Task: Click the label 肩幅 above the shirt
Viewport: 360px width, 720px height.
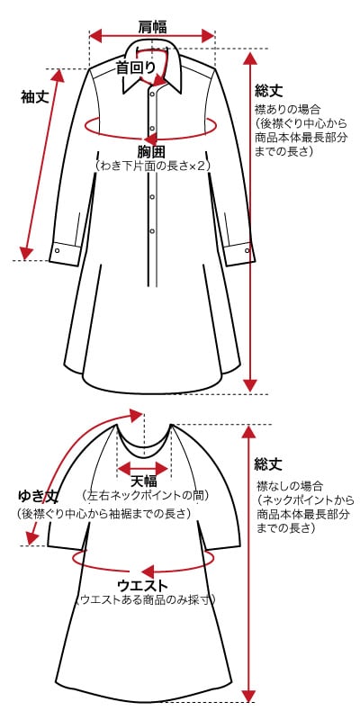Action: click(x=152, y=27)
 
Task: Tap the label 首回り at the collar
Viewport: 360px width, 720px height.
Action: click(x=136, y=67)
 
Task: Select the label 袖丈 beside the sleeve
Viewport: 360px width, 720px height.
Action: click(x=35, y=97)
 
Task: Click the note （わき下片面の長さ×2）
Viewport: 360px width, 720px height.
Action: click(x=152, y=166)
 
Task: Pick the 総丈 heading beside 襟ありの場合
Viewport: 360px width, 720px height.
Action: click(x=268, y=91)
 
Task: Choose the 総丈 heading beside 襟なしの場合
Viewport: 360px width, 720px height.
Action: click(x=268, y=464)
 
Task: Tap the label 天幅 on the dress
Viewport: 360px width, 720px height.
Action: click(x=144, y=481)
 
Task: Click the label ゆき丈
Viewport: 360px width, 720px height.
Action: click(x=39, y=497)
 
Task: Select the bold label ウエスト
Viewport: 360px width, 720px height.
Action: click(x=143, y=586)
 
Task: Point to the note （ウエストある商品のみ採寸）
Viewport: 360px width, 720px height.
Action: click(x=144, y=599)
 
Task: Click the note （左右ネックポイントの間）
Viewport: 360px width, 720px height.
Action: click(x=145, y=496)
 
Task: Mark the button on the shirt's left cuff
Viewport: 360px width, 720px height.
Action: click(x=58, y=251)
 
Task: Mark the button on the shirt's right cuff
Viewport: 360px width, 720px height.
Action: click(x=247, y=250)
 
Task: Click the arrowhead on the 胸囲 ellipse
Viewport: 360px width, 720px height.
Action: click(x=150, y=139)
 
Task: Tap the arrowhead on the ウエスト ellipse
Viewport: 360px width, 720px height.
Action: click(x=148, y=571)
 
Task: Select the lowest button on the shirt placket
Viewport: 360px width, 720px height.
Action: click(x=152, y=231)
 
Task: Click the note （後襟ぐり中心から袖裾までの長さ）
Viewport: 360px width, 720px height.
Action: click(x=104, y=513)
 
